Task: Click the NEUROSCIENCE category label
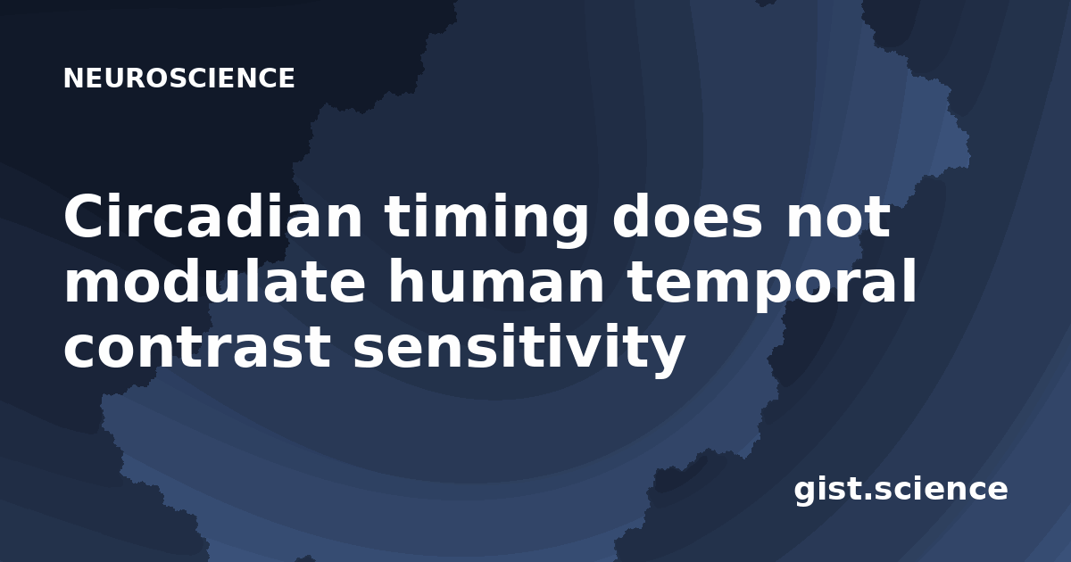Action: (x=178, y=79)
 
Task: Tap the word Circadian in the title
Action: (x=213, y=216)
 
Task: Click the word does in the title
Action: (x=687, y=216)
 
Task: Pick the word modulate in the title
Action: (x=215, y=281)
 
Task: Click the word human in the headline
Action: (x=497, y=281)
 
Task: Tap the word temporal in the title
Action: (x=772, y=285)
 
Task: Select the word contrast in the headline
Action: (x=197, y=349)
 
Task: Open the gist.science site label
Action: (x=901, y=490)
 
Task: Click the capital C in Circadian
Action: (x=86, y=216)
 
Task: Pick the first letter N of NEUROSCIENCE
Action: (x=73, y=79)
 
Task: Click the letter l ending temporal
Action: (x=909, y=281)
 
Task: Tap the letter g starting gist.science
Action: (x=806, y=493)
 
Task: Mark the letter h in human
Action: (x=411, y=281)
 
